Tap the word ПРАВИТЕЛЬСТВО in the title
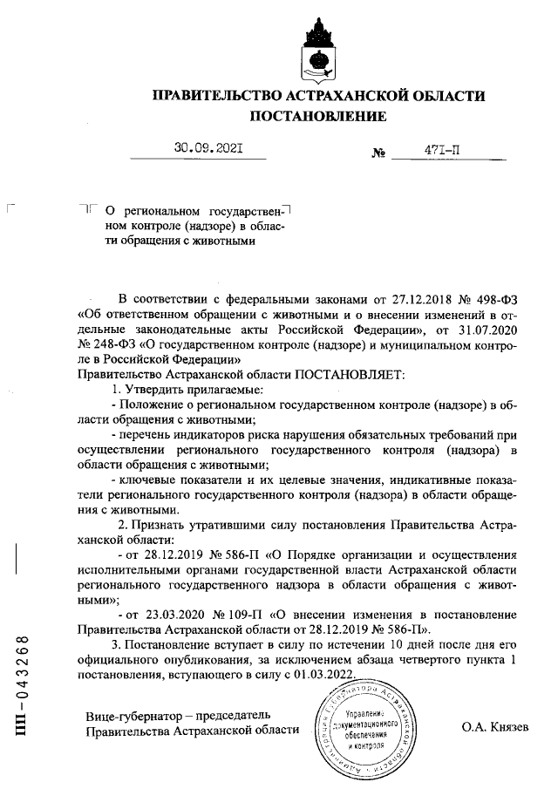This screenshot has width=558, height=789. pos(215,95)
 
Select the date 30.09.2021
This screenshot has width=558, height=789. pos(208,150)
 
